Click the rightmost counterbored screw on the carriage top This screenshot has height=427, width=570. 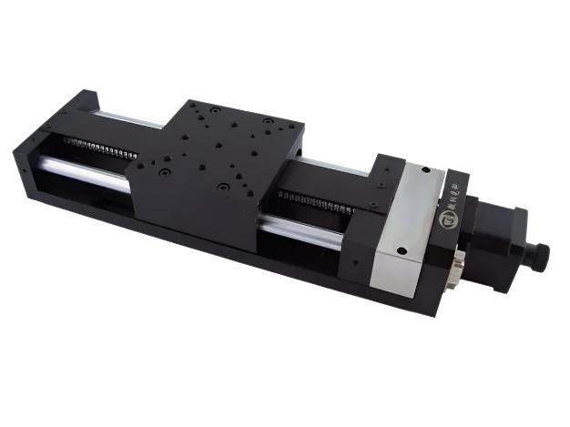pos(268,121)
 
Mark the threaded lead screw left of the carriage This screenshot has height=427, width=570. pos(100,146)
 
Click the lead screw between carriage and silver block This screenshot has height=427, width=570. pos(319,202)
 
